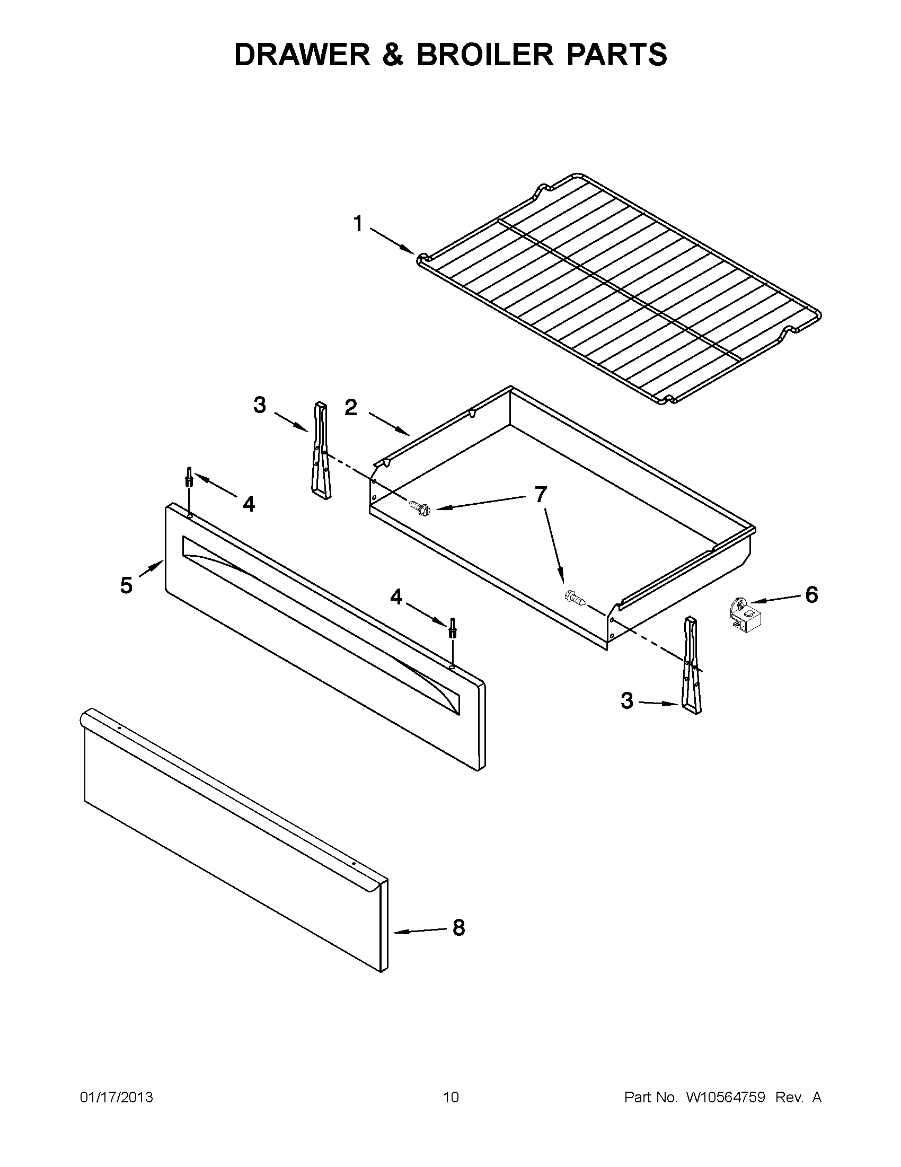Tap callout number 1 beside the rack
358,224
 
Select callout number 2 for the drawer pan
351,408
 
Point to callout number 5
126,586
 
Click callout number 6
811,594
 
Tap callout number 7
541,495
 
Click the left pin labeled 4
189,476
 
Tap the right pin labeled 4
453,627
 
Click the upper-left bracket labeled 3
321,452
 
